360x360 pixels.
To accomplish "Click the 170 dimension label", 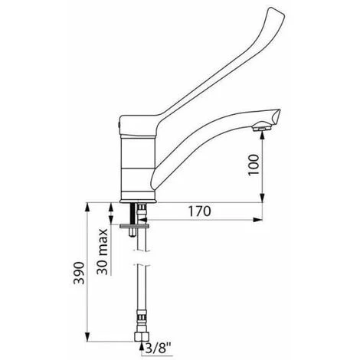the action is pos(199,211).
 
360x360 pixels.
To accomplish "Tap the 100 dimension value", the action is pos(254,165).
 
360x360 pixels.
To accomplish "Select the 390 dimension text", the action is pos(79,273).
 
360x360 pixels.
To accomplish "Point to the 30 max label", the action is pos(103,251).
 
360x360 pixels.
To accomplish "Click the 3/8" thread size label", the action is pos(158,348).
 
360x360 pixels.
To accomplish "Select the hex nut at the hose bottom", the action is pos(141,337).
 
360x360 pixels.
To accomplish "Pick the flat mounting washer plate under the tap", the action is pos(134,226).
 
